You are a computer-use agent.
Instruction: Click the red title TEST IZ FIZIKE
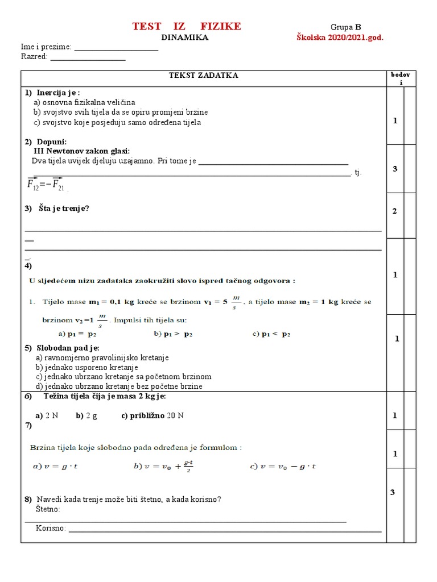186,26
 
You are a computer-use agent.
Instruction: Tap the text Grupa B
346,27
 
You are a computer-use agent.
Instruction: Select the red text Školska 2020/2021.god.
340,38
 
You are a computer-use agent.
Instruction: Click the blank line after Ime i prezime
116,48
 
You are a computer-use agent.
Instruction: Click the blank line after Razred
88,58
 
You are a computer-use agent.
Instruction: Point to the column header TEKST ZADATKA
203,76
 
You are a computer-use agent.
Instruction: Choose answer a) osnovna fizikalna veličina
84,102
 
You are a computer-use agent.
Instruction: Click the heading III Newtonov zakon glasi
82,151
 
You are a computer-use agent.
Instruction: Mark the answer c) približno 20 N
152,415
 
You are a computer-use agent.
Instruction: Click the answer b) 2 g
86,415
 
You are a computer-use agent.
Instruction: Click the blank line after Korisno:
224,530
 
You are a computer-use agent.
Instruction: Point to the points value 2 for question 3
394,211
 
